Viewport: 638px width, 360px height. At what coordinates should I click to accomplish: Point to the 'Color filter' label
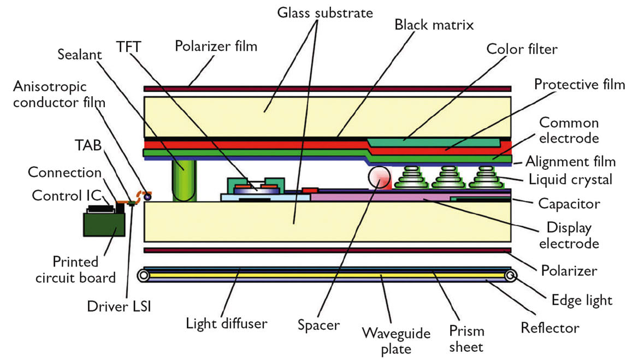(522, 49)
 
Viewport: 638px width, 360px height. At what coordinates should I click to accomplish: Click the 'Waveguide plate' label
(396, 340)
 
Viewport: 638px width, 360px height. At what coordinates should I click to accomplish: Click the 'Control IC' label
(60, 195)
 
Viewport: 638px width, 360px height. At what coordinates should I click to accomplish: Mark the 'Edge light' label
(581, 299)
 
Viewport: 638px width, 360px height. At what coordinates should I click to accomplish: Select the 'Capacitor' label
(569, 204)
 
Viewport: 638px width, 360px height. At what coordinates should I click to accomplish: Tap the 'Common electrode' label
(568, 130)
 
